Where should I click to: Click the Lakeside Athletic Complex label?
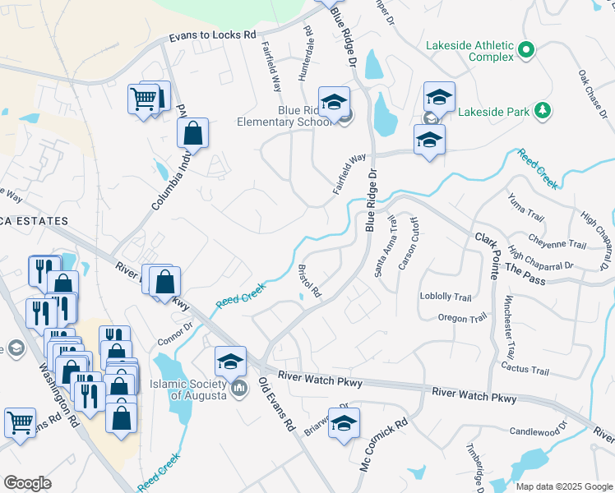pyautogui.click(x=469, y=51)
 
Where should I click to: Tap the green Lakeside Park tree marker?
pyautogui.click(x=542, y=110)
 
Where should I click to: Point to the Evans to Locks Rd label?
pyautogui.click(x=213, y=37)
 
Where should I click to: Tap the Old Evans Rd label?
pyautogui.click(x=275, y=405)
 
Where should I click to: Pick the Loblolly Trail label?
pyautogui.click(x=445, y=297)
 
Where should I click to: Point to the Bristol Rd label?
pyautogui.click(x=308, y=281)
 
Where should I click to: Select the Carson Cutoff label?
pyautogui.click(x=409, y=243)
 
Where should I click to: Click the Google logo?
pyautogui.click(x=27, y=483)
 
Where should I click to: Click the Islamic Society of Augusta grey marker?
pyautogui.click(x=239, y=387)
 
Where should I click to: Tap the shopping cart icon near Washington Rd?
pyautogui.click(x=20, y=422)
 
